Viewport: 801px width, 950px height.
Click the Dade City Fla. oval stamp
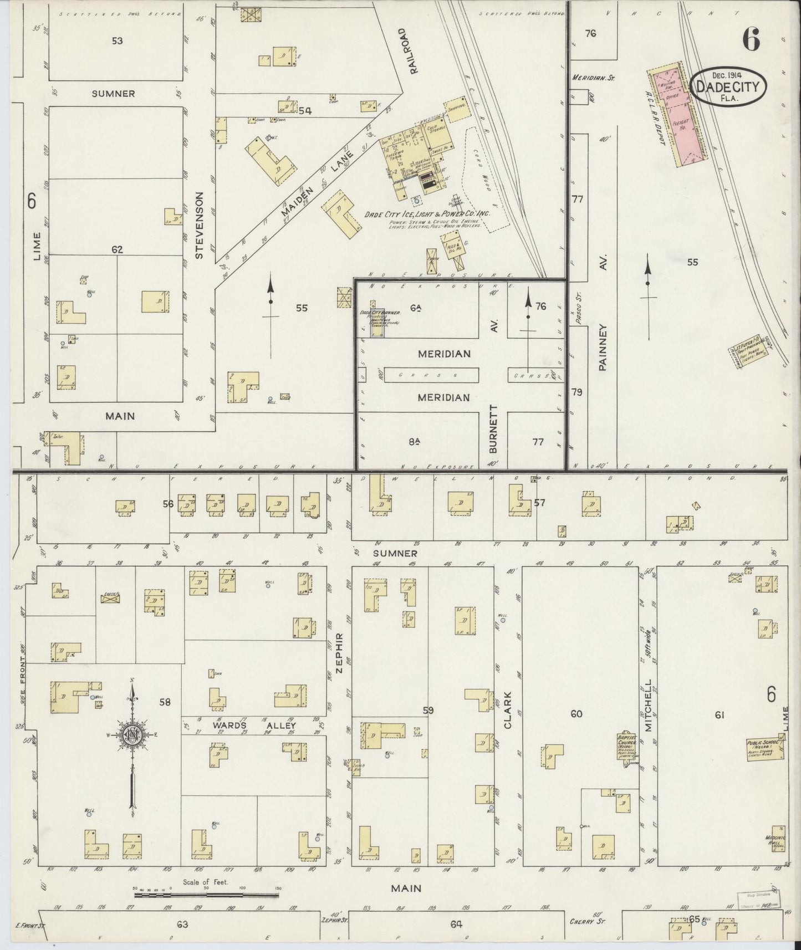point(728,86)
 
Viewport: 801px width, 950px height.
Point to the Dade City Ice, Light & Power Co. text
point(427,214)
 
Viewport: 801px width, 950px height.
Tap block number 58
point(165,702)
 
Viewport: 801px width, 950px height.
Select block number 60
point(576,714)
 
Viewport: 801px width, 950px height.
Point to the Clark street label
point(508,710)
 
